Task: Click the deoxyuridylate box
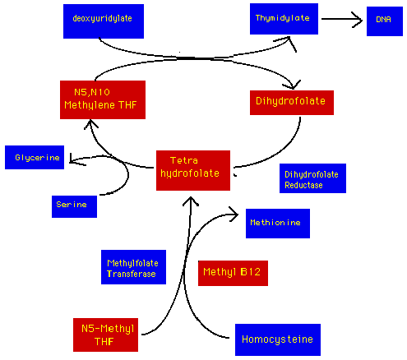104,21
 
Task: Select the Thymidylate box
284,19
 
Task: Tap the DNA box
385,21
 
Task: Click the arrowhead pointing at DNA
358,19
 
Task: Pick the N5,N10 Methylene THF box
103,99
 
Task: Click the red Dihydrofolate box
292,103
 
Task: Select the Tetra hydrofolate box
193,170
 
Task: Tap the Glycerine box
35,157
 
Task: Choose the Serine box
74,206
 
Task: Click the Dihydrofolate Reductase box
312,178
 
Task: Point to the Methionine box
278,224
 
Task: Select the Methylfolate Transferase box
133,267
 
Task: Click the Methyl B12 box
233,273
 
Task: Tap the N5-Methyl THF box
105,335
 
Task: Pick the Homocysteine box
278,339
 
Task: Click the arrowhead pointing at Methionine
234,215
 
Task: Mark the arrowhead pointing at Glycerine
75,160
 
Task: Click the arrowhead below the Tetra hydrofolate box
191,201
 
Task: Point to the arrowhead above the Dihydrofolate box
294,85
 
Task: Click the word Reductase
303,185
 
